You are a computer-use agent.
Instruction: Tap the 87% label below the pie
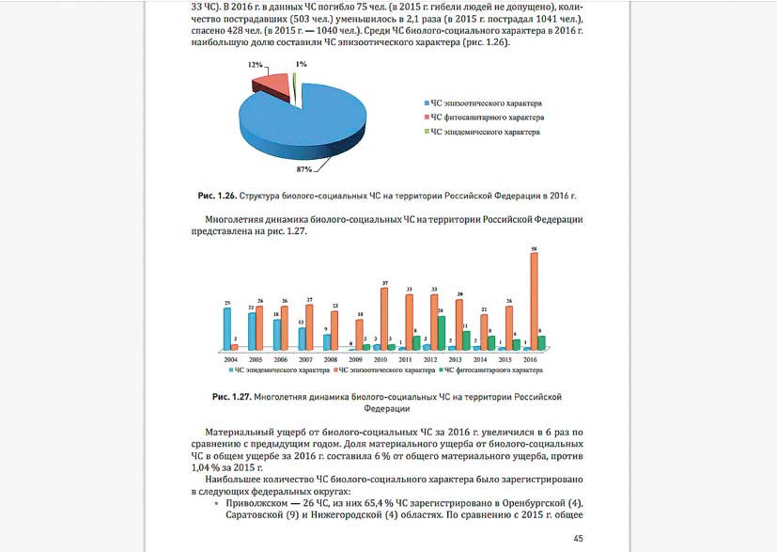click(x=303, y=169)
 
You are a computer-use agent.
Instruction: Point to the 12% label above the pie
click(x=254, y=66)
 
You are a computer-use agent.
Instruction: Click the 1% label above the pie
click(x=301, y=65)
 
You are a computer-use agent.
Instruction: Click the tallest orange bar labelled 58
click(x=534, y=301)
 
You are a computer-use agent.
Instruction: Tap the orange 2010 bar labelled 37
click(x=384, y=318)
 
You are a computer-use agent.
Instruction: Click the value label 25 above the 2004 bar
click(x=227, y=303)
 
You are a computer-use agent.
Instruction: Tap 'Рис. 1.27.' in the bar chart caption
click(x=229, y=398)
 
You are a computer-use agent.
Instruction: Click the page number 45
click(x=578, y=537)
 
